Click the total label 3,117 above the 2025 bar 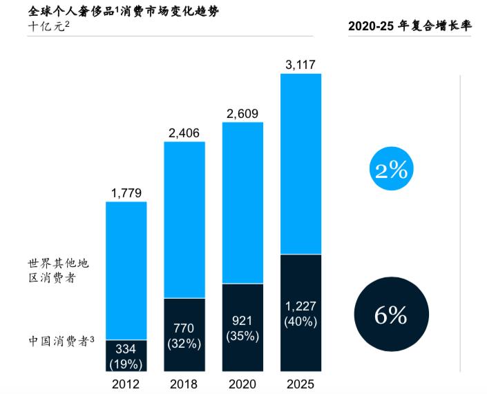[x=300, y=66]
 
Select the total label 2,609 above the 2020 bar [x=242, y=114]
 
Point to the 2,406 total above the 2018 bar [x=184, y=133]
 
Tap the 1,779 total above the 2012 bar [x=126, y=193]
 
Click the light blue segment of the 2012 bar [x=126, y=269]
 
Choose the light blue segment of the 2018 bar [x=184, y=219]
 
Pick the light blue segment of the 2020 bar [x=242, y=202]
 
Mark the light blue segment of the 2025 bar [x=300, y=163]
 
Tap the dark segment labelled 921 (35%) [x=242, y=328]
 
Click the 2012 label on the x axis [x=126, y=384]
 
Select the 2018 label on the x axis [x=184, y=384]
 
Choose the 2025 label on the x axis [x=300, y=384]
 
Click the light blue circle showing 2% [x=390, y=169]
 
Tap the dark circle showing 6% [x=390, y=315]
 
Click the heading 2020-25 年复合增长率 [x=409, y=26]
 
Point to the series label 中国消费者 [x=61, y=341]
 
